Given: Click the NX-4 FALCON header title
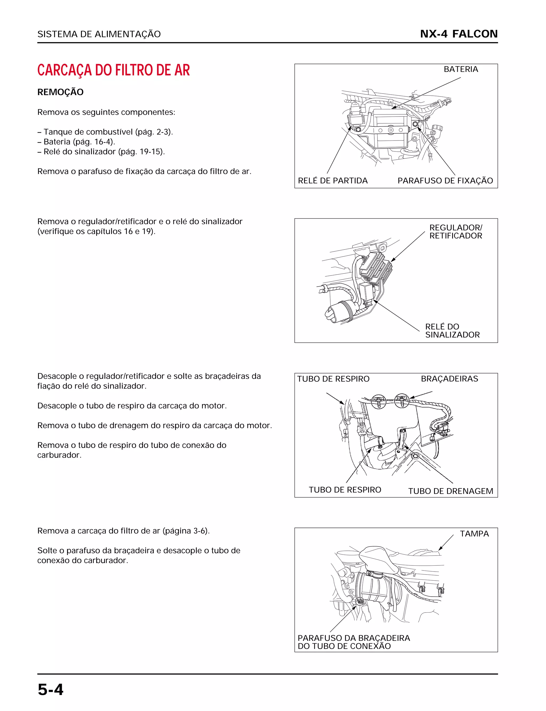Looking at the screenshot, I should coord(459,34).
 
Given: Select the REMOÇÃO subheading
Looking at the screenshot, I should coord(61,92).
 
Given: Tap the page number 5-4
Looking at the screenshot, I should coord(50,690).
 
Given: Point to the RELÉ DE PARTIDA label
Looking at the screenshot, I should coord(332,181).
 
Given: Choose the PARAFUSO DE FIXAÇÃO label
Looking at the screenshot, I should coord(445,181).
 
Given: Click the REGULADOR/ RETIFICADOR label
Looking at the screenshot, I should coord(455,232).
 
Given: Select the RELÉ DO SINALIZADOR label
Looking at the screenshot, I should coord(452,331).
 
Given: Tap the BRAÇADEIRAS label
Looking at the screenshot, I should coord(449,379).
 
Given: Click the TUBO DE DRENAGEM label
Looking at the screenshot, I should coord(451,491).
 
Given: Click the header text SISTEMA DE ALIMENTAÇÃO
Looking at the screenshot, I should coord(99,34).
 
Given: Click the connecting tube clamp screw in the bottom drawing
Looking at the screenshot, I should coord(359,601).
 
